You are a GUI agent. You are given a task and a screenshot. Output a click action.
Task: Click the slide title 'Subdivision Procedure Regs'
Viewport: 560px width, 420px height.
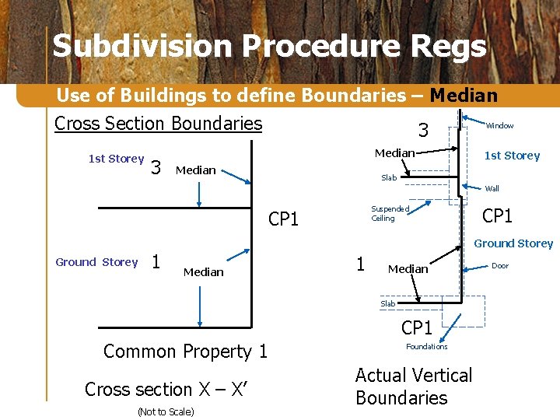pyautogui.click(x=269, y=47)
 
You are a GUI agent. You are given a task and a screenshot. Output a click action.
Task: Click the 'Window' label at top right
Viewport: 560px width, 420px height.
pyautogui.click(x=499, y=126)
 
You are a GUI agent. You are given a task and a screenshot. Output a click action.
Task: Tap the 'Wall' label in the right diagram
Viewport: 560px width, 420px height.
pyautogui.click(x=492, y=188)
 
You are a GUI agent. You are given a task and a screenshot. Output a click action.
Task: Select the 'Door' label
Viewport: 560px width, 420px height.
pyautogui.click(x=500, y=266)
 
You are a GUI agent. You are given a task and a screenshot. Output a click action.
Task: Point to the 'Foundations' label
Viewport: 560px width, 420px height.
pyautogui.click(x=426, y=347)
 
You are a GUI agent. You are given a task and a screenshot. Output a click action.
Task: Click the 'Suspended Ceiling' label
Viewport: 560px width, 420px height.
pyautogui.click(x=390, y=214)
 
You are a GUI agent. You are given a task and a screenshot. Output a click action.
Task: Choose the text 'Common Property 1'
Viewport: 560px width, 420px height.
pyautogui.click(x=185, y=352)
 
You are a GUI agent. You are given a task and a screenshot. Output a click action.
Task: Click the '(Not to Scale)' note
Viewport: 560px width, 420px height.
pyautogui.click(x=165, y=411)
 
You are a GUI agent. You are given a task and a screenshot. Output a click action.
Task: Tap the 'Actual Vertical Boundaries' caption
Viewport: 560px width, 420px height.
pyautogui.click(x=413, y=387)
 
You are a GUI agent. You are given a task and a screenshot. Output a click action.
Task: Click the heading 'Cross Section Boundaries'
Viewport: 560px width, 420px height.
pyautogui.click(x=158, y=124)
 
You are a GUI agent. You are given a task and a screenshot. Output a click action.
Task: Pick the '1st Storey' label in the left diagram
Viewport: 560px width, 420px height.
pyautogui.click(x=116, y=159)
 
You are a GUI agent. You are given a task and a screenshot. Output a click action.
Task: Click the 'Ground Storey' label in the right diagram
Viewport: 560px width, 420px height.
pyautogui.click(x=513, y=243)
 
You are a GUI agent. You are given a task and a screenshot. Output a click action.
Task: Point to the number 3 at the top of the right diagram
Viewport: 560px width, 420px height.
pyautogui.click(x=423, y=129)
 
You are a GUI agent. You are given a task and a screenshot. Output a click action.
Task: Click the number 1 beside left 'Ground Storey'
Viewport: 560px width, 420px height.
pyautogui.click(x=156, y=263)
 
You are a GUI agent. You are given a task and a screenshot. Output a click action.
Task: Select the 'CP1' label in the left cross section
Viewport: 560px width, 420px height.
pyautogui.click(x=283, y=219)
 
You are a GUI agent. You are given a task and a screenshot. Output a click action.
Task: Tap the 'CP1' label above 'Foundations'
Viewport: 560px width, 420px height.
pyautogui.click(x=416, y=327)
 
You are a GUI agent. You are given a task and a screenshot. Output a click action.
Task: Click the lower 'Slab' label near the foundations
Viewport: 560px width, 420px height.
pyautogui.click(x=387, y=304)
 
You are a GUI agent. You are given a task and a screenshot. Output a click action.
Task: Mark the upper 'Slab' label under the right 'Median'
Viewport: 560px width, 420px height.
pyautogui.click(x=388, y=178)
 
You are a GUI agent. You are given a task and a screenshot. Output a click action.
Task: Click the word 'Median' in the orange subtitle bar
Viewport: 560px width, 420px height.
pyautogui.click(x=463, y=96)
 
